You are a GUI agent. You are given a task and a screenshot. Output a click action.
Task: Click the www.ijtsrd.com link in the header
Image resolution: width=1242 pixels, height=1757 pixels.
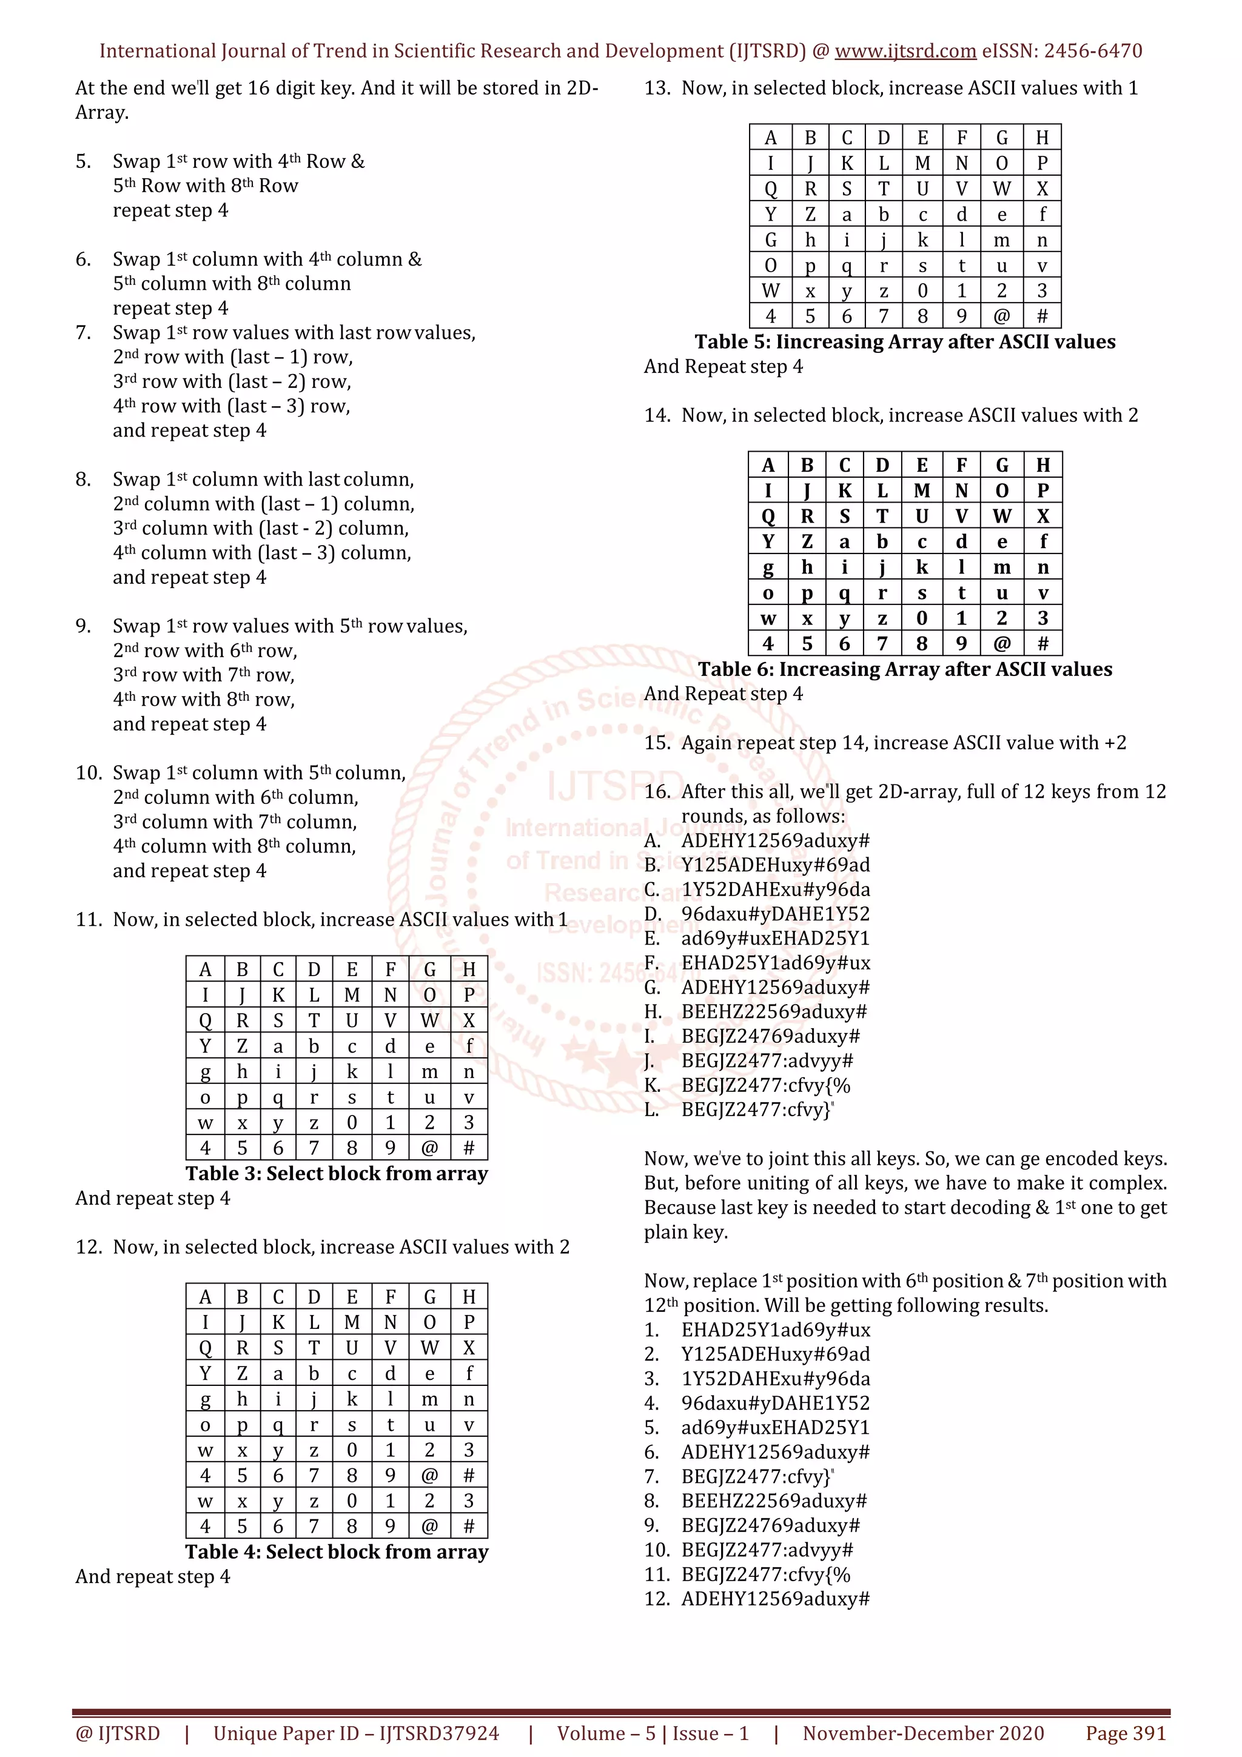tap(905, 52)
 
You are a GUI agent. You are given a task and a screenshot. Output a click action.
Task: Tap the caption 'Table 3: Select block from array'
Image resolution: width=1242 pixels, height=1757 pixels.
tap(336, 1174)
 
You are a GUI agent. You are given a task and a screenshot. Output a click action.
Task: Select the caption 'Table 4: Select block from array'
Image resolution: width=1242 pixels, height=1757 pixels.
tap(336, 1552)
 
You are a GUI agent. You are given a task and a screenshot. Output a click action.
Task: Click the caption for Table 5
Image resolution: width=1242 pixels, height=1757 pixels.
tap(905, 342)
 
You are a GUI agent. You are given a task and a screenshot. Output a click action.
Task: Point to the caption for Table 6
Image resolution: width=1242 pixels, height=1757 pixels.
tap(905, 669)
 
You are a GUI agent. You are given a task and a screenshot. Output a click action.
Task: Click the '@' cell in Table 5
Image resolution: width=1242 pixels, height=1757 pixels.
tap(1001, 316)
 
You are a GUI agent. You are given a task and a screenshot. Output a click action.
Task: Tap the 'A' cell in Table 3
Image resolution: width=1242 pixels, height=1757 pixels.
tap(205, 970)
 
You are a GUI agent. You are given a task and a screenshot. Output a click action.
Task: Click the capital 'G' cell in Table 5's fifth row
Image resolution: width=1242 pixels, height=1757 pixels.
tap(771, 240)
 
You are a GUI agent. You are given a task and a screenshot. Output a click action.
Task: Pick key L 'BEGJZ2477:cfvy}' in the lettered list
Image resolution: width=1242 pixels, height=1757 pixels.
tap(756, 1109)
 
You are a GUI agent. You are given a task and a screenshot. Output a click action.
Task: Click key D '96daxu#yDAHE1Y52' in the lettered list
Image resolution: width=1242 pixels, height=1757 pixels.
tap(775, 914)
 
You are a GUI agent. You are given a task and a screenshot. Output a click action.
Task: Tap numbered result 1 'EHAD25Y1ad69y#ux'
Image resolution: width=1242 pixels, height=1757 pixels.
tap(775, 1330)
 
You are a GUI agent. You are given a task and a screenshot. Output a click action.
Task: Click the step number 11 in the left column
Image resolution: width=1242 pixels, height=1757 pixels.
tap(88, 920)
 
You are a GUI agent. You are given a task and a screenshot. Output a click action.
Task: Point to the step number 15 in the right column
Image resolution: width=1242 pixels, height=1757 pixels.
tap(657, 743)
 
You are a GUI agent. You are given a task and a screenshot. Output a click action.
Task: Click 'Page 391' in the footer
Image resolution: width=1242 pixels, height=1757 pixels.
tap(1125, 1733)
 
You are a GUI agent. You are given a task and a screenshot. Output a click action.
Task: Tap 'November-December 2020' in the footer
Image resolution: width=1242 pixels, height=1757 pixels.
tap(923, 1733)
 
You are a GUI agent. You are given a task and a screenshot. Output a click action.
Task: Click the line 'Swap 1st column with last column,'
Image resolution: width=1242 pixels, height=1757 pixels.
tap(263, 480)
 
